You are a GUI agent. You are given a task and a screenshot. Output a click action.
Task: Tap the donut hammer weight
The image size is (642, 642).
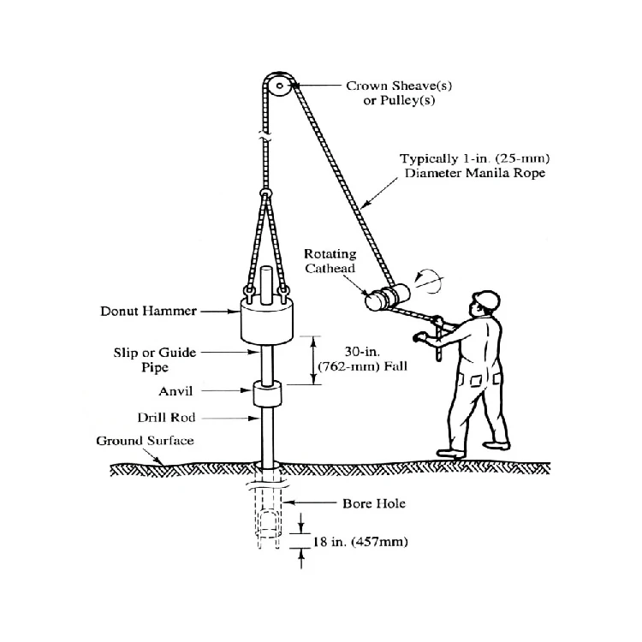[x=266, y=324]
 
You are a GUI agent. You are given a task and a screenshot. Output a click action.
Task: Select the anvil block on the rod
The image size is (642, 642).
[x=268, y=395]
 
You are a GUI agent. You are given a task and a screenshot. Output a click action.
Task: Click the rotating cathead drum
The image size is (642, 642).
[x=381, y=299]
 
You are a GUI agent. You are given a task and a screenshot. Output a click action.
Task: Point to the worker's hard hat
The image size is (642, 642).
[x=486, y=299]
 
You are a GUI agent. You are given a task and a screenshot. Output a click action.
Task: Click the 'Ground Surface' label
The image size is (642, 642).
[x=145, y=441]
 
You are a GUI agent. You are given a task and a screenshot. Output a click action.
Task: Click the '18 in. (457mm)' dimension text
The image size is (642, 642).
[x=359, y=543]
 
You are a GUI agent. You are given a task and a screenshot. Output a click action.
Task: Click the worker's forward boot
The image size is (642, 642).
[x=452, y=451]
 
